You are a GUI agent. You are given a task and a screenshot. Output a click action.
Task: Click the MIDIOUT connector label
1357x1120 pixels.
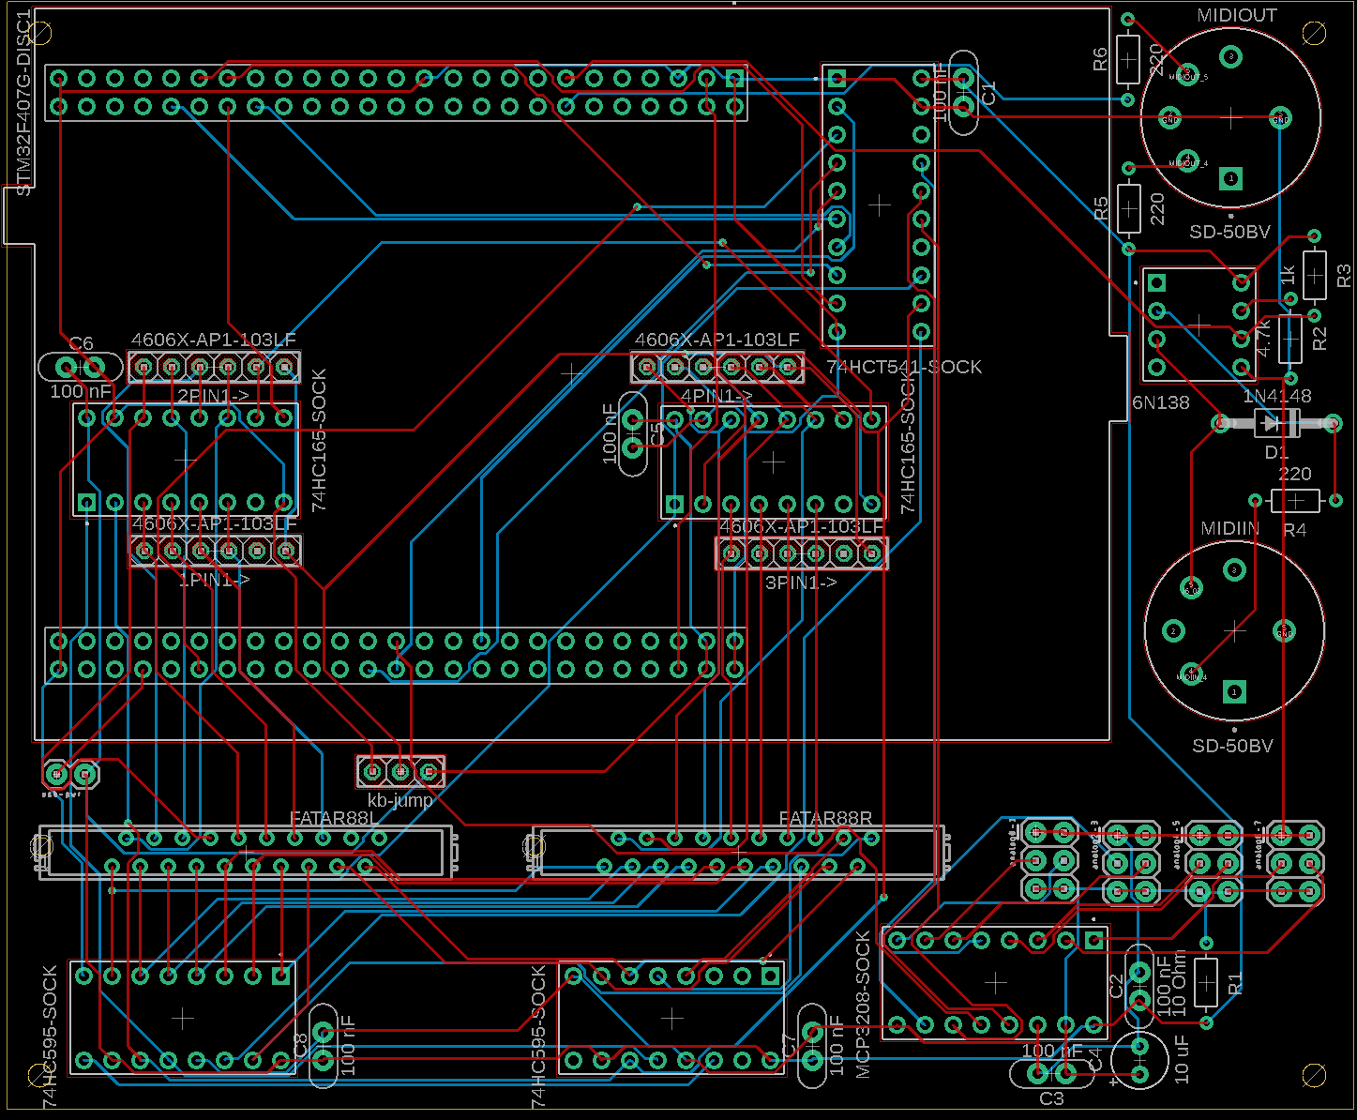(x=1237, y=16)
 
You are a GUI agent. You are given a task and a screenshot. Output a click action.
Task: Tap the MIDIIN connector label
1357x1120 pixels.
(x=1230, y=529)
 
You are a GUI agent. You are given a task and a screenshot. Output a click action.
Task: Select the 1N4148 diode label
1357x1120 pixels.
(x=1276, y=397)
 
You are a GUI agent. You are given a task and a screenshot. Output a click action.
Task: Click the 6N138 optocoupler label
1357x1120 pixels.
(x=1161, y=402)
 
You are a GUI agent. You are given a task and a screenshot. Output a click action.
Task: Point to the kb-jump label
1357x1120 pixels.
(x=400, y=800)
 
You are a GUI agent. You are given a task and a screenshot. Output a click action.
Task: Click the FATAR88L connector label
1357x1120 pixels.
(x=334, y=818)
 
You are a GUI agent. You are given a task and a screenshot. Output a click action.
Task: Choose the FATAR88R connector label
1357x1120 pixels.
(x=825, y=818)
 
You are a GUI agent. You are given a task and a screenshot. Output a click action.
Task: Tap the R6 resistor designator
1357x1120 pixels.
(x=1101, y=59)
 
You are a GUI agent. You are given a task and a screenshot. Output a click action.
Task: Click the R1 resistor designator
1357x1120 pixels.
(x=1235, y=983)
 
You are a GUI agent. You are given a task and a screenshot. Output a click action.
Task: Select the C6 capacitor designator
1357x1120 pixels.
(x=82, y=343)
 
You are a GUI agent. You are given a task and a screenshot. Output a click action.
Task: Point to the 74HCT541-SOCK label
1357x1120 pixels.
(x=904, y=367)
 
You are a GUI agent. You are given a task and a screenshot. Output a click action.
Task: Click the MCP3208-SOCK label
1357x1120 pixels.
(x=864, y=1005)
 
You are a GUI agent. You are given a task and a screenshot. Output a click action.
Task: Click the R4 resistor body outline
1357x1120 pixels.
(x=1294, y=501)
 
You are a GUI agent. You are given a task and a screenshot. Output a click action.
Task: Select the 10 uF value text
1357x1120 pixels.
(x=1183, y=1056)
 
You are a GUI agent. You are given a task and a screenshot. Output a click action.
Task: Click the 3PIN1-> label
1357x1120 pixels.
(x=801, y=583)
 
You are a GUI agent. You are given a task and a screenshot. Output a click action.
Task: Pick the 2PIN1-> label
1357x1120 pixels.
(x=213, y=397)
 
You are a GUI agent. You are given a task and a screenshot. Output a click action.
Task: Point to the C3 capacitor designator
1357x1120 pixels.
(x=1051, y=1098)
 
